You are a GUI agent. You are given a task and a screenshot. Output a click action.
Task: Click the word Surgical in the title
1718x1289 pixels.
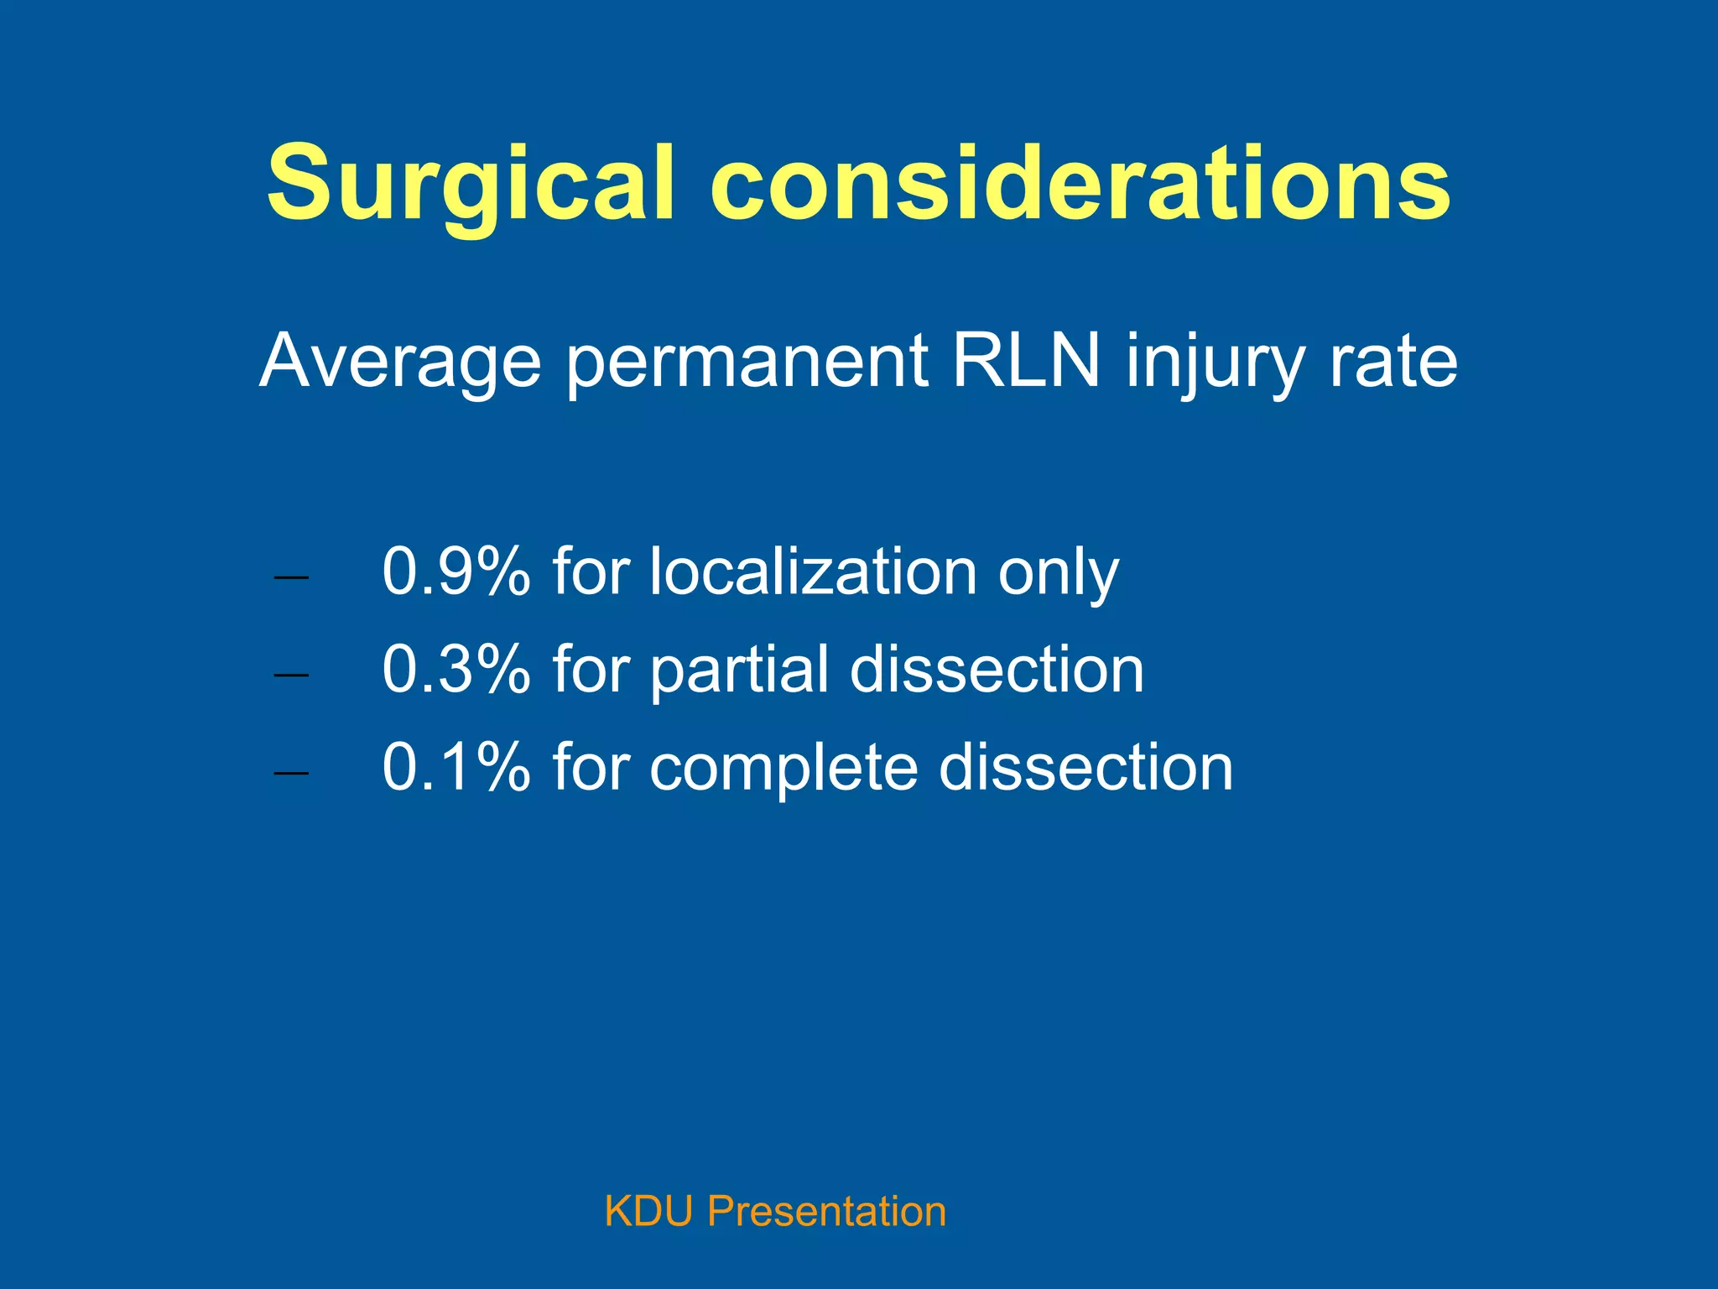[470, 183]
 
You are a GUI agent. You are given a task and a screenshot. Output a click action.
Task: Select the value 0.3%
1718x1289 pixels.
[456, 670]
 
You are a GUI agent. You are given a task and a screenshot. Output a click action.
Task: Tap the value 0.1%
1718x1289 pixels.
[456, 767]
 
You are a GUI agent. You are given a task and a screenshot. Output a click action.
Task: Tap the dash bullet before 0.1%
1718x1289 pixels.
[291, 773]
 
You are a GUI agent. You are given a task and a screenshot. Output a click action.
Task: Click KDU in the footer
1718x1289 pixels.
[648, 1212]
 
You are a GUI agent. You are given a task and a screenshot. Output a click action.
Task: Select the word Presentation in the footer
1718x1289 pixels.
[826, 1212]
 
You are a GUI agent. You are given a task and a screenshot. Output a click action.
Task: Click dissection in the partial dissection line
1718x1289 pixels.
[997, 670]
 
